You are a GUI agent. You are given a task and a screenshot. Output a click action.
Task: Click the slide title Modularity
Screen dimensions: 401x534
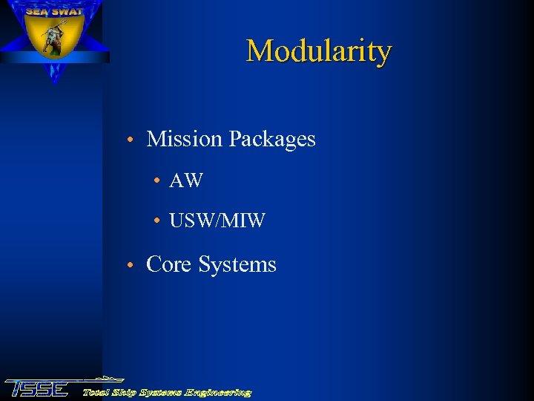pos(318,51)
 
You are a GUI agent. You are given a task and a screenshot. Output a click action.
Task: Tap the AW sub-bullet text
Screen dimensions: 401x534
pos(185,180)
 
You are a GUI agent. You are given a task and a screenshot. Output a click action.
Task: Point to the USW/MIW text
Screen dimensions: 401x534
pos(217,221)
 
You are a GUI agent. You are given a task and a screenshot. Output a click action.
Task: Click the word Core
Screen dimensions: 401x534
pos(169,264)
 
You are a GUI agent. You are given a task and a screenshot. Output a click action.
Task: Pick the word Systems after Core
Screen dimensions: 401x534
pos(237,264)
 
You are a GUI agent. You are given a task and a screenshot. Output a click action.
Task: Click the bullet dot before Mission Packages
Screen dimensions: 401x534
pos(130,140)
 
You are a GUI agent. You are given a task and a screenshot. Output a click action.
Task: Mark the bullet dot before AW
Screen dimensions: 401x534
pos(157,181)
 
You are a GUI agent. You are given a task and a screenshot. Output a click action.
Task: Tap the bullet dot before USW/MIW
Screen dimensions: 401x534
pos(157,221)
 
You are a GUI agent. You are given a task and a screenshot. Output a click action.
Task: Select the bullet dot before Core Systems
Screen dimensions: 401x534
pos(130,266)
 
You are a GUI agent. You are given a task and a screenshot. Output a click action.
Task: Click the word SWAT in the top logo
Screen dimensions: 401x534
pos(67,11)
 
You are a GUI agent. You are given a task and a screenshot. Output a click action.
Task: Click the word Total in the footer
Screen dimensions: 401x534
pos(97,391)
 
